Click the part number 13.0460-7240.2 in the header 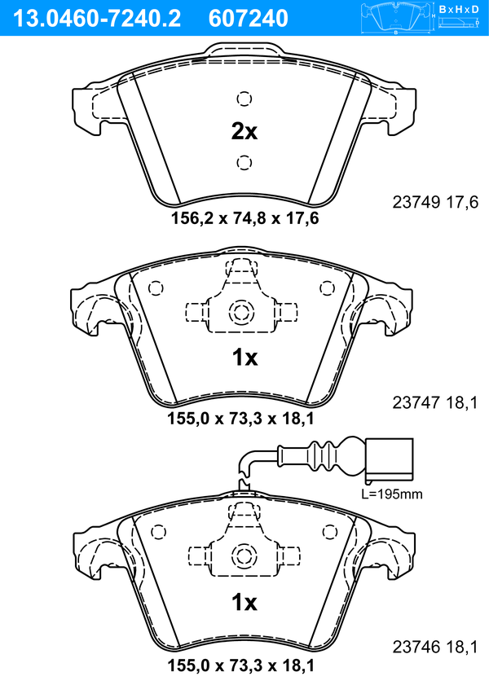[97, 19]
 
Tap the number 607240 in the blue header [249, 19]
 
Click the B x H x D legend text [459, 9]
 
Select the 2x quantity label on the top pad [244, 130]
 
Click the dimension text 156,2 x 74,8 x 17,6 [244, 217]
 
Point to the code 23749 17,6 [435, 202]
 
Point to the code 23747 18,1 [435, 402]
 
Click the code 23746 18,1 [435, 647]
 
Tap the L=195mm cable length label [392, 494]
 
